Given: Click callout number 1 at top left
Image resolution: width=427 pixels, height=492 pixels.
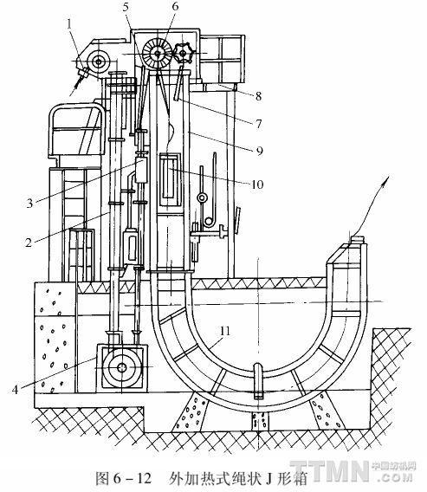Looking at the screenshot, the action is (70, 24).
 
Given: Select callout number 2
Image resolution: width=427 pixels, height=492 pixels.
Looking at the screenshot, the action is (29, 242).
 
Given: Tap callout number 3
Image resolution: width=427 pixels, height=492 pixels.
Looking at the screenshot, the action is (29, 203).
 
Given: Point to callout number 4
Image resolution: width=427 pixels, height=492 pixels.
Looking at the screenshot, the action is (15, 390).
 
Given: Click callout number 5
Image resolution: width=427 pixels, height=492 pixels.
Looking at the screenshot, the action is (126, 7).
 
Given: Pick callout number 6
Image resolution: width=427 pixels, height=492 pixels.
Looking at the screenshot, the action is (175, 6).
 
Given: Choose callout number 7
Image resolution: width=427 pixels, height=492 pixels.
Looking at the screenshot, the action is (258, 124).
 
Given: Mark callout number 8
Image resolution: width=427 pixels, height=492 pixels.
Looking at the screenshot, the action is (258, 96).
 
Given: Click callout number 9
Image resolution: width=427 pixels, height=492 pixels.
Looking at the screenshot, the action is (259, 151).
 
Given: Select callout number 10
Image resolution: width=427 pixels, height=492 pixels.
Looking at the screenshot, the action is (257, 184).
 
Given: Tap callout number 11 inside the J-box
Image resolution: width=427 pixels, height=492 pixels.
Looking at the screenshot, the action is (224, 331).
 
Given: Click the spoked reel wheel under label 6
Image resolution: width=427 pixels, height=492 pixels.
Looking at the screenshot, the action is (157, 54).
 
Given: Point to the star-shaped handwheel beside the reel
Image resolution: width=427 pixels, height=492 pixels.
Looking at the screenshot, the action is (184, 54).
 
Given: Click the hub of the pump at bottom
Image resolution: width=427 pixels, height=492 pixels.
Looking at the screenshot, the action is (122, 367).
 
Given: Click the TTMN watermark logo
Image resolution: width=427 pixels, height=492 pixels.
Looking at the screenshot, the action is (353, 470).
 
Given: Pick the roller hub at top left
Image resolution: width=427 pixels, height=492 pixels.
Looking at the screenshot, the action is (99, 61).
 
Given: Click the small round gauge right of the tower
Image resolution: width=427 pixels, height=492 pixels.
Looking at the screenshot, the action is (202, 197).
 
